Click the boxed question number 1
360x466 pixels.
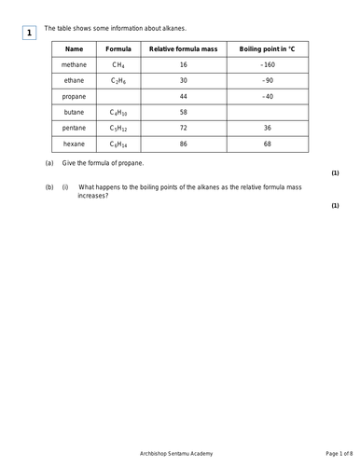pos(29,34)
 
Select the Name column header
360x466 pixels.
pos(75,48)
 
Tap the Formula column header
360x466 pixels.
pos(118,48)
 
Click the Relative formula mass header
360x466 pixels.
pos(184,48)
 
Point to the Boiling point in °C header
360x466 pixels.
pos(266,48)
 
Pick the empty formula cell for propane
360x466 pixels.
pos(118,96)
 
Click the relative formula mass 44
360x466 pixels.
pos(184,96)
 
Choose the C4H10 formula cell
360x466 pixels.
pos(118,112)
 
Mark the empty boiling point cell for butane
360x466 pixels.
pos(267,112)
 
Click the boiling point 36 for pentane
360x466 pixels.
pos(267,128)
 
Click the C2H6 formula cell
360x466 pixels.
pos(118,81)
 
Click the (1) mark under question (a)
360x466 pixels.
pos(335,173)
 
